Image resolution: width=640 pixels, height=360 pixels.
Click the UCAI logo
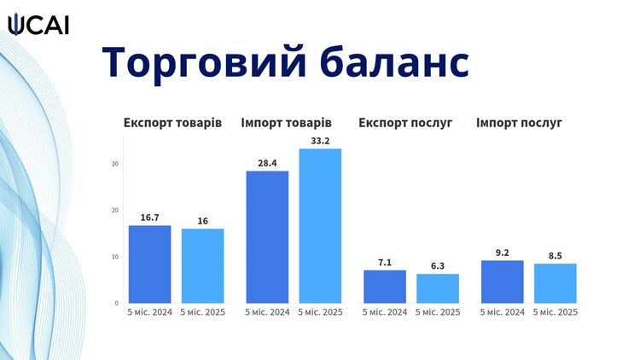pyautogui.click(x=38, y=25)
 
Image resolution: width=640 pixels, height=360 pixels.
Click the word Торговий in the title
pyautogui.click(x=204, y=62)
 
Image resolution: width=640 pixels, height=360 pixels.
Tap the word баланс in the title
pyautogui.click(x=395, y=62)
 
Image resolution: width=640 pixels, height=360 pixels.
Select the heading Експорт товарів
pyautogui.click(x=172, y=123)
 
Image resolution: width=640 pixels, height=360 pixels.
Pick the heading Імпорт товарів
pyautogui.click(x=286, y=123)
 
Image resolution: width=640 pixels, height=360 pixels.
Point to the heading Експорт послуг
pyautogui.click(x=405, y=123)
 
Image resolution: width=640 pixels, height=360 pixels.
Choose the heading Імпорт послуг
pyautogui.click(x=519, y=123)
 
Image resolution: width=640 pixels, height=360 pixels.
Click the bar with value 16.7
pyautogui.click(x=150, y=264)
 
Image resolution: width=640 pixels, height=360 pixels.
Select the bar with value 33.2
pyautogui.click(x=320, y=226)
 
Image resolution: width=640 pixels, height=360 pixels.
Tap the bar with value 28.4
pyautogui.click(x=267, y=237)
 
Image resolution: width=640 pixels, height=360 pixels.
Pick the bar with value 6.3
pyautogui.click(x=438, y=288)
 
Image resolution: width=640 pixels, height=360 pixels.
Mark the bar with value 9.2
pyautogui.click(x=503, y=282)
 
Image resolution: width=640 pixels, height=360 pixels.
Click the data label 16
pyautogui.click(x=203, y=221)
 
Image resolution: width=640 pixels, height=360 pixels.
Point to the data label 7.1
pyautogui.click(x=385, y=263)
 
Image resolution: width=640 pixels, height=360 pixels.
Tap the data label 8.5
pyautogui.click(x=556, y=256)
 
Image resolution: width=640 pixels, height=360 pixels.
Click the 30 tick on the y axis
pyautogui.click(x=115, y=164)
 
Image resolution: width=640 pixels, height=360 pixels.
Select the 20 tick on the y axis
pyautogui.click(x=115, y=210)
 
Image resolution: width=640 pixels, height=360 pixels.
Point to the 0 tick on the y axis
pyautogui.click(x=117, y=303)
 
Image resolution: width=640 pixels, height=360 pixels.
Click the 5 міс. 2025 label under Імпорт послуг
pyautogui.click(x=556, y=312)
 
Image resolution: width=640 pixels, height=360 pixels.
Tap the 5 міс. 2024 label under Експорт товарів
pyautogui.click(x=150, y=312)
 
